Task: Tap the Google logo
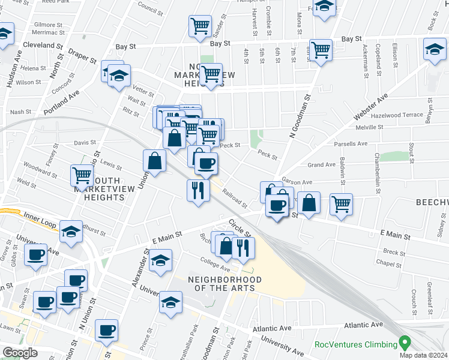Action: (x=20, y=353)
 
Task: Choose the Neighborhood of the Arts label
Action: (x=224, y=284)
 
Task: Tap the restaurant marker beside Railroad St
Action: (x=198, y=191)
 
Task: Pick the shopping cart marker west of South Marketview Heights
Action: (x=82, y=175)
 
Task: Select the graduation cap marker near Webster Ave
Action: (x=435, y=49)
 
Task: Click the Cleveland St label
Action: (x=43, y=45)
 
